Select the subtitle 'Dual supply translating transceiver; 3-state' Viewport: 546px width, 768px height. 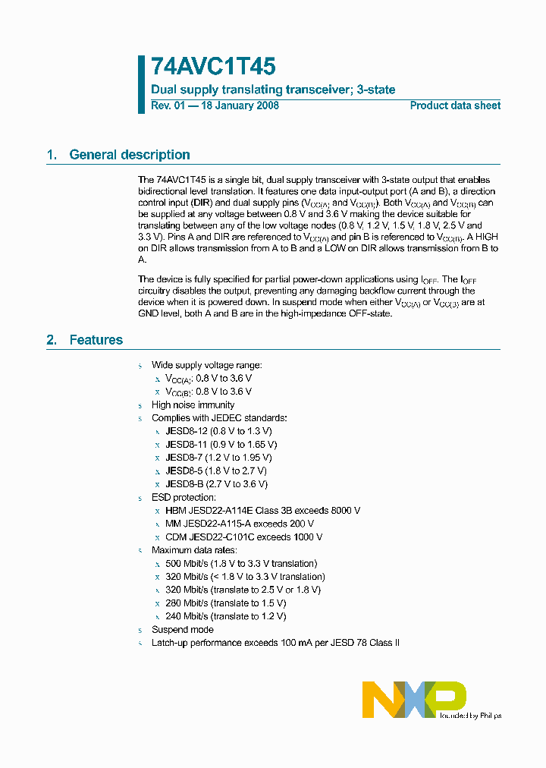tap(273, 90)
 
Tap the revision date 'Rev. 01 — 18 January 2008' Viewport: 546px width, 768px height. tap(215, 105)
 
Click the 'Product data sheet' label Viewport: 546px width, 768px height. tap(455, 105)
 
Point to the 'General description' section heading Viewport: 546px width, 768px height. tap(129, 155)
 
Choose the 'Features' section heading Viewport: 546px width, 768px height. tap(96, 340)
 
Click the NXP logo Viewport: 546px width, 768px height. tap(413, 698)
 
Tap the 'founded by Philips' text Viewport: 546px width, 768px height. tap(470, 715)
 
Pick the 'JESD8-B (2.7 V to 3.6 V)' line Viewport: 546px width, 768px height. tap(216, 484)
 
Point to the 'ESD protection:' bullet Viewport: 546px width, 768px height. tap(184, 497)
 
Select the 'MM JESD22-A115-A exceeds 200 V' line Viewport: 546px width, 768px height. tap(240, 524)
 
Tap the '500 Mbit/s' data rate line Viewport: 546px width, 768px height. tap(241, 563)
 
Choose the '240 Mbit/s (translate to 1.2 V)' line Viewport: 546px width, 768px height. tap(225, 616)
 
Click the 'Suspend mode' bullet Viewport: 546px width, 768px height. tap(182, 630)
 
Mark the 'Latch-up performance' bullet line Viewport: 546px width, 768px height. tap(275, 643)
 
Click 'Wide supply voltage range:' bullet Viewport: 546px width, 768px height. tap(206, 365)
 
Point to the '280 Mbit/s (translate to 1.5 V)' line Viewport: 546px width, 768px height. tap(225, 603)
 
